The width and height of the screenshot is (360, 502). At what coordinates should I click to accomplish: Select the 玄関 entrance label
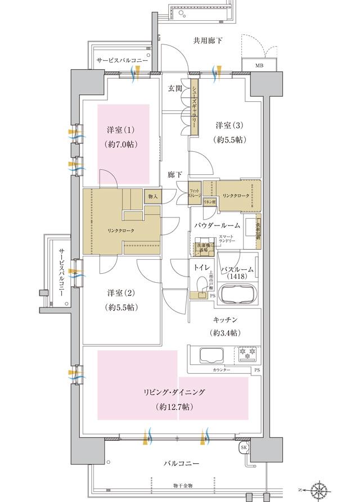coord(175,88)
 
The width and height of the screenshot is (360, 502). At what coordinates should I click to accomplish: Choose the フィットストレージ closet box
coord(195,195)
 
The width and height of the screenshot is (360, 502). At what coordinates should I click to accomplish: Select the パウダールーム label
coord(218,225)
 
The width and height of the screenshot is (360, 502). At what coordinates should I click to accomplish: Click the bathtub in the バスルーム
coord(236,293)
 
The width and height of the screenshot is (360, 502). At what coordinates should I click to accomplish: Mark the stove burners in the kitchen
coord(246,353)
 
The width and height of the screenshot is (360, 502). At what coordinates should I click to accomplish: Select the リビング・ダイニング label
coord(173,392)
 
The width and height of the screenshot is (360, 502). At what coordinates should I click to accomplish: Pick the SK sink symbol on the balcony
coord(244,447)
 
